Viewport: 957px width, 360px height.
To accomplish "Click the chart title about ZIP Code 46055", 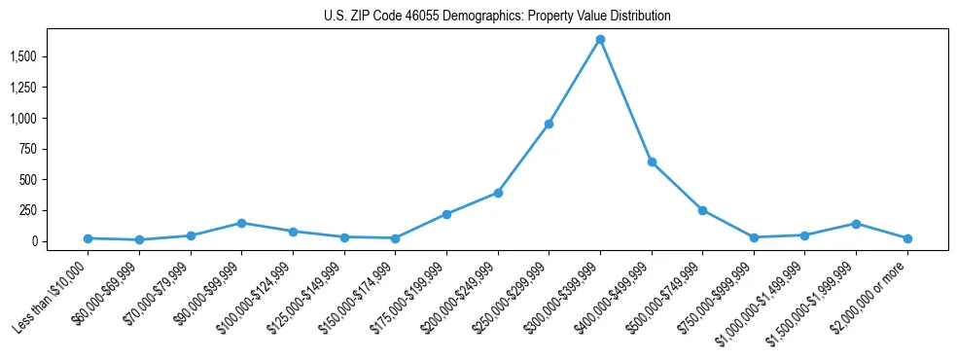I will click(x=497, y=17).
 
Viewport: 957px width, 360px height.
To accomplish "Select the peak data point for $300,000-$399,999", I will click(x=600, y=40).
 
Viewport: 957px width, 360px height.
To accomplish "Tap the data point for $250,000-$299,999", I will click(x=549, y=124).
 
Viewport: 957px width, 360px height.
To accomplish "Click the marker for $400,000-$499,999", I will click(x=652, y=162).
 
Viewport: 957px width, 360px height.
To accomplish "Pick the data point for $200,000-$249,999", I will click(x=498, y=193).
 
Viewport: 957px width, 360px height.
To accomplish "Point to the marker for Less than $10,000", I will click(x=89, y=238).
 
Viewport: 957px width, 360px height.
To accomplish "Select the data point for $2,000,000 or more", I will click(x=906, y=238).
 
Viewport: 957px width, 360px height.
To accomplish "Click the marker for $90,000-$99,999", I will click(x=242, y=223).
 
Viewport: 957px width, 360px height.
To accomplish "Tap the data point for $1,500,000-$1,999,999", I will click(x=856, y=224).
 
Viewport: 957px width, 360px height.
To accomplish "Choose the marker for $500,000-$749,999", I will click(x=702, y=210).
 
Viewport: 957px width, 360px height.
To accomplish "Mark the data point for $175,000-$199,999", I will click(x=446, y=214).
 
